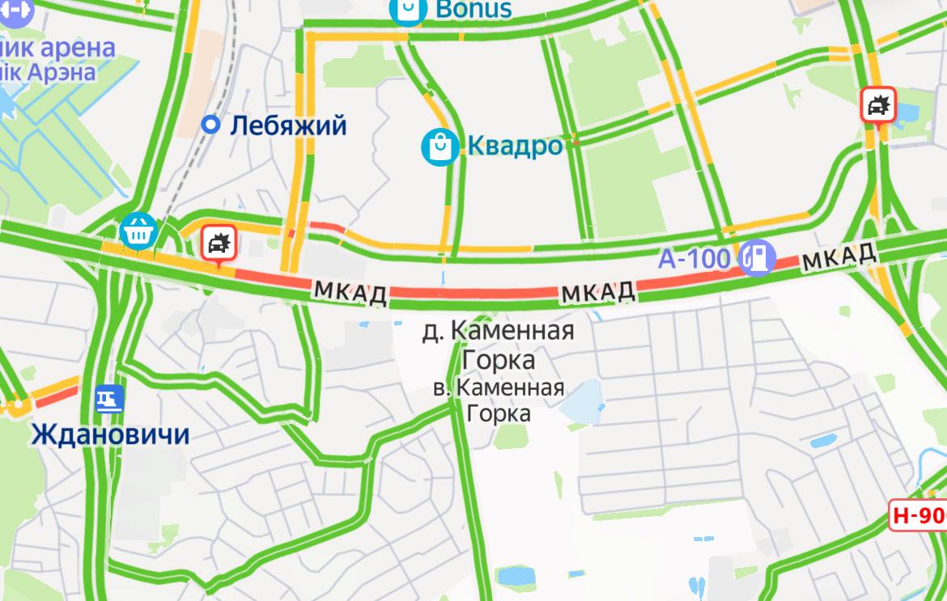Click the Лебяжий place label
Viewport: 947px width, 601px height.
[288, 125]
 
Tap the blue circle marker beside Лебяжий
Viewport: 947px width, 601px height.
[210, 125]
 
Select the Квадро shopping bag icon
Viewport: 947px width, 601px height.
[440, 146]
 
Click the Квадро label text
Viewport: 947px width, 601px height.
[515, 146]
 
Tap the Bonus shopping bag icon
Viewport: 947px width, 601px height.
[408, 10]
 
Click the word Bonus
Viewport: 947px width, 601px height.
[473, 9]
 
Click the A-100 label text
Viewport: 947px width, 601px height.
[694, 259]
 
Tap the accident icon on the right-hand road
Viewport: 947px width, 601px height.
[878, 104]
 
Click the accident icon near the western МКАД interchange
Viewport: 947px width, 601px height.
[217, 241]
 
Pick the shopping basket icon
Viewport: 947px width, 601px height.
[138, 231]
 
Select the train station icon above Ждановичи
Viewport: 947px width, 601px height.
[108, 399]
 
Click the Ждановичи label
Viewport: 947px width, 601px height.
[110, 435]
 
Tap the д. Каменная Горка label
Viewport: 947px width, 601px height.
[499, 344]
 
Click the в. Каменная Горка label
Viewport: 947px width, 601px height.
[499, 400]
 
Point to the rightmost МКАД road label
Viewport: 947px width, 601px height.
[839, 257]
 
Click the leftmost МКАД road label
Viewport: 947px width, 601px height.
[350, 293]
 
